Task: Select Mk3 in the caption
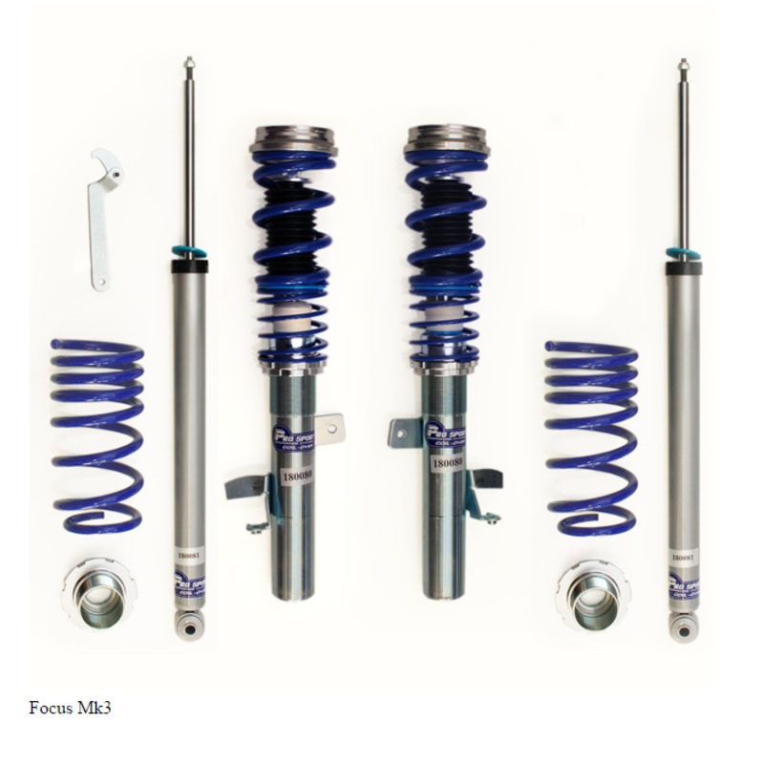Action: click(97, 710)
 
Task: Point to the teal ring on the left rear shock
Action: click(188, 252)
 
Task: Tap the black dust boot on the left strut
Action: click(294, 224)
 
